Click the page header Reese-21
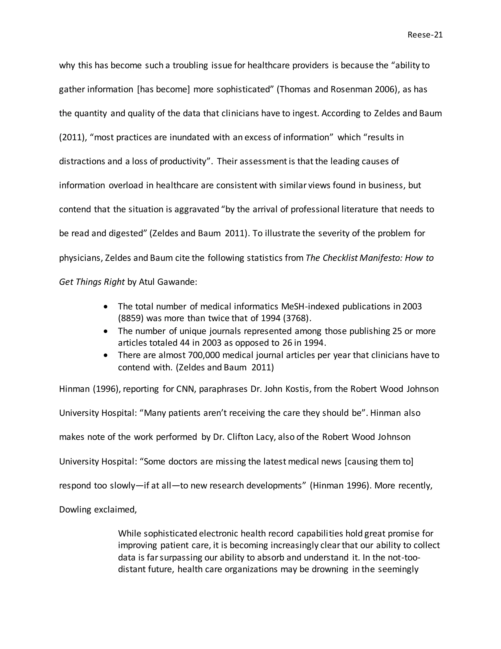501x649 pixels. (x=425, y=35)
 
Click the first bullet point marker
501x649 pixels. (x=106, y=307)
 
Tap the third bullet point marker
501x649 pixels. (x=106, y=355)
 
